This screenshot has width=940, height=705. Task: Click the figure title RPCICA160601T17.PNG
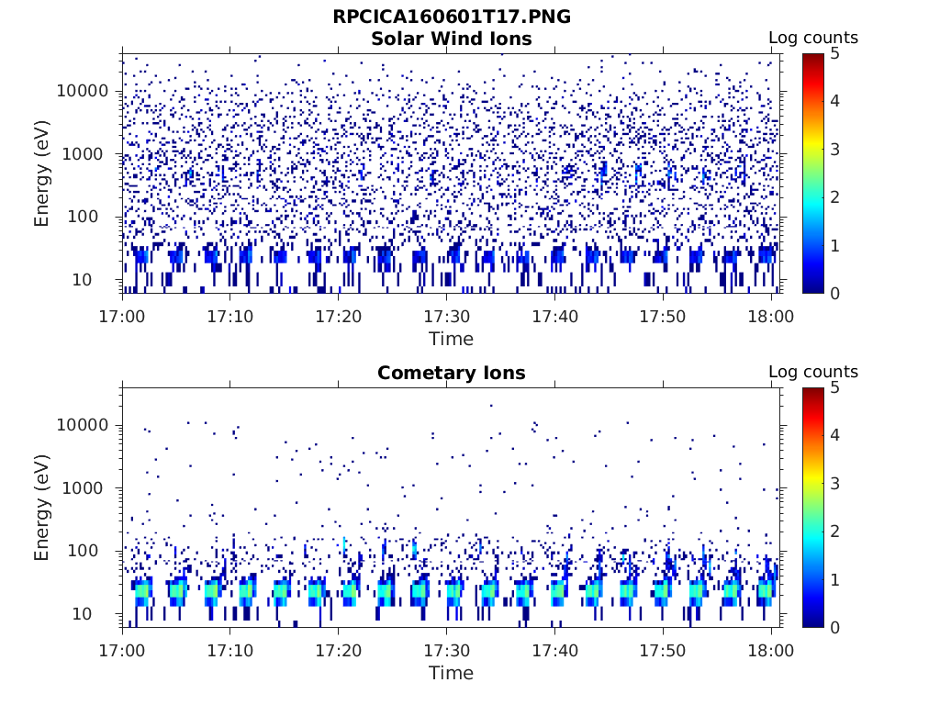(451, 17)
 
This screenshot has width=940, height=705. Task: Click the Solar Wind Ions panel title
(451, 39)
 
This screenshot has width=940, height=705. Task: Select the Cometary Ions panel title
(451, 373)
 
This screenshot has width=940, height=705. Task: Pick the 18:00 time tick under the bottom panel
(771, 651)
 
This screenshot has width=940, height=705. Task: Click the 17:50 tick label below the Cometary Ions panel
(663, 651)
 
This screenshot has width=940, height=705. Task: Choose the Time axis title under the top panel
(451, 339)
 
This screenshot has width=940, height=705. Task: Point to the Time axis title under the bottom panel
(451, 673)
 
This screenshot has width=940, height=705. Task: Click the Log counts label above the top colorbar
(812, 38)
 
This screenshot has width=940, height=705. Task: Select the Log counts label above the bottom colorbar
(812, 372)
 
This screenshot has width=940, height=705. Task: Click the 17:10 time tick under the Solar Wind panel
(230, 317)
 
